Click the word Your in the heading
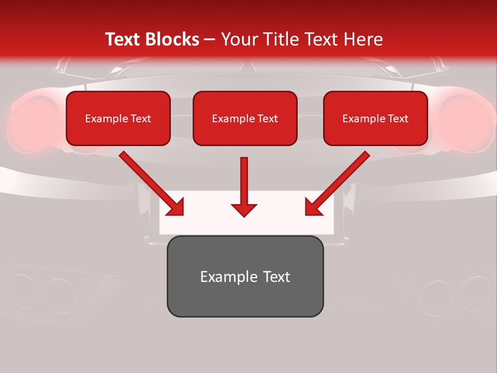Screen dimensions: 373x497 [238, 39]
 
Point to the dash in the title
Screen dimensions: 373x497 [210, 39]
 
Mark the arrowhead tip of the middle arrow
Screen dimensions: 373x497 [244, 216]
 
